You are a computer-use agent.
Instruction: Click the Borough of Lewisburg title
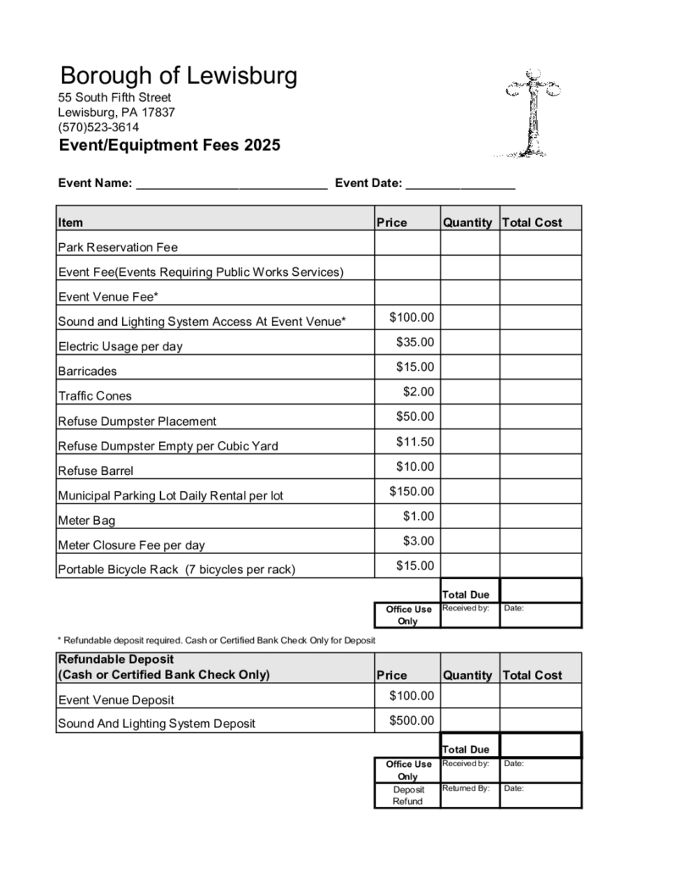pyautogui.click(x=179, y=77)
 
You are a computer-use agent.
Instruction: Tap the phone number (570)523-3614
pyautogui.click(x=98, y=127)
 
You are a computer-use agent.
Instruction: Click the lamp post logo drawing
pyautogui.click(x=532, y=114)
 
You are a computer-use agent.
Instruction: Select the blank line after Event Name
pyautogui.click(x=231, y=183)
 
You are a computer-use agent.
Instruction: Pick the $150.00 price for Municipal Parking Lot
pyautogui.click(x=412, y=491)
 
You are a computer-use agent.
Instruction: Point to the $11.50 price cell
pyautogui.click(x=415, y=441)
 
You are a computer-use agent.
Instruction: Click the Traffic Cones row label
pyautogui.click(x=95, y=396)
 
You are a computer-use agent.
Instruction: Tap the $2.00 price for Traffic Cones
pyautogui.click(x=418, y=392)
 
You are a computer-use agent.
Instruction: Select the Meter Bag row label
pyautogui.click(x=86, y=521)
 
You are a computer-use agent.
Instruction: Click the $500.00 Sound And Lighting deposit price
pyautogui.click(x=412, y=720)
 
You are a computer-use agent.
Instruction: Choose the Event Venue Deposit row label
pyautogui.click(x=116, y=700)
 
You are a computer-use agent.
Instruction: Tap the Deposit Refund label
pyautogui.click(x=407, y=795)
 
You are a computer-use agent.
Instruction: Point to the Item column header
pyautogui.click(x=71, y=223)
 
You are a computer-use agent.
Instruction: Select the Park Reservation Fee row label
pyautogui.click(x=118, y=248)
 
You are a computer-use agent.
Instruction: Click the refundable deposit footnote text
pyautogui.click(x=216, y=640)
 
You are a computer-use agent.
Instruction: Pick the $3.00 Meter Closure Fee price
pyautogui.click(x=418, y=541)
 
